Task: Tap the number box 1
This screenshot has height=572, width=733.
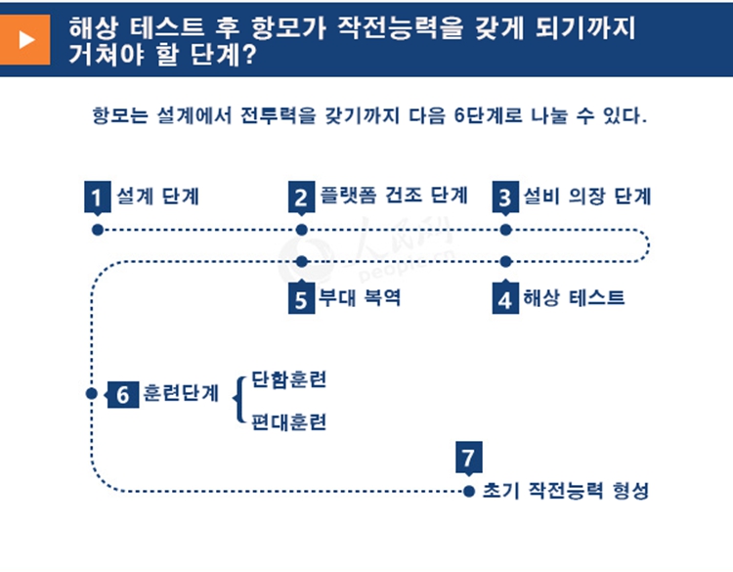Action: click(97, 198)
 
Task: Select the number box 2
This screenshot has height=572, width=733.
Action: click(301, 198)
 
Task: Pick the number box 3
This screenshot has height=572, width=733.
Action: click(505, 198)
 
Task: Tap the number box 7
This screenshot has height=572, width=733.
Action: click(469, 458)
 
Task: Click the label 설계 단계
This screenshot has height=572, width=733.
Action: click(158, 196)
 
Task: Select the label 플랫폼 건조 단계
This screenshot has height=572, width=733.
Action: click(393, 196)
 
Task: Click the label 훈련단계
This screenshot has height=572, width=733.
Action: click(181, 395)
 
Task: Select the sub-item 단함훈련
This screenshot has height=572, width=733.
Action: click(288, 379)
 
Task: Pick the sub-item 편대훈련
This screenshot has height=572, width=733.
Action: click(288, 422)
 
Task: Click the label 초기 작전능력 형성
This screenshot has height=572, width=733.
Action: click(565, 491)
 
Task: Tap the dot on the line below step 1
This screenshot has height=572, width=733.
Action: click(97, 230)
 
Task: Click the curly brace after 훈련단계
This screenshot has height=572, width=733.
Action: click(239, 399)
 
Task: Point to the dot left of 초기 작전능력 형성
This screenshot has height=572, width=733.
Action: click(469, 490)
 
